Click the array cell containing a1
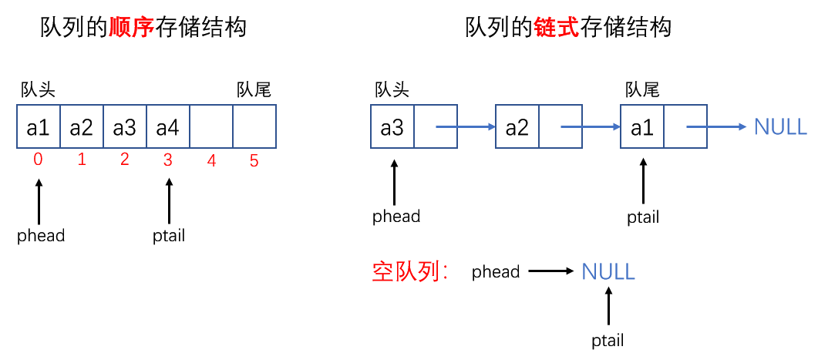(x=38, y=127)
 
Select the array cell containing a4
(x=167, y=127)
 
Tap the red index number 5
(x=254, y=160)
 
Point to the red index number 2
(x=124, y=160)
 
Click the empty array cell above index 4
(x=210, y=127)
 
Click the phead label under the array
(x=41, y=236)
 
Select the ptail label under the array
(x=169, y=236)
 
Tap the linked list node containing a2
(x=517, y=127)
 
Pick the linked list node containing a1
(x=641, y=127)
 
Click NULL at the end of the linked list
(x=780, y=127)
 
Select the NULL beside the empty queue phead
(x=608, y=271)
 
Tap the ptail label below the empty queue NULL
(x=608, y=340)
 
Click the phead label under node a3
(x=396, y=217)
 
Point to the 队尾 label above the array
(x=254, y=89)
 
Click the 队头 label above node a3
(x=392, y=89)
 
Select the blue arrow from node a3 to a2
(x=464, y=127)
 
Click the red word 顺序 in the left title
(x=129, y=29)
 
